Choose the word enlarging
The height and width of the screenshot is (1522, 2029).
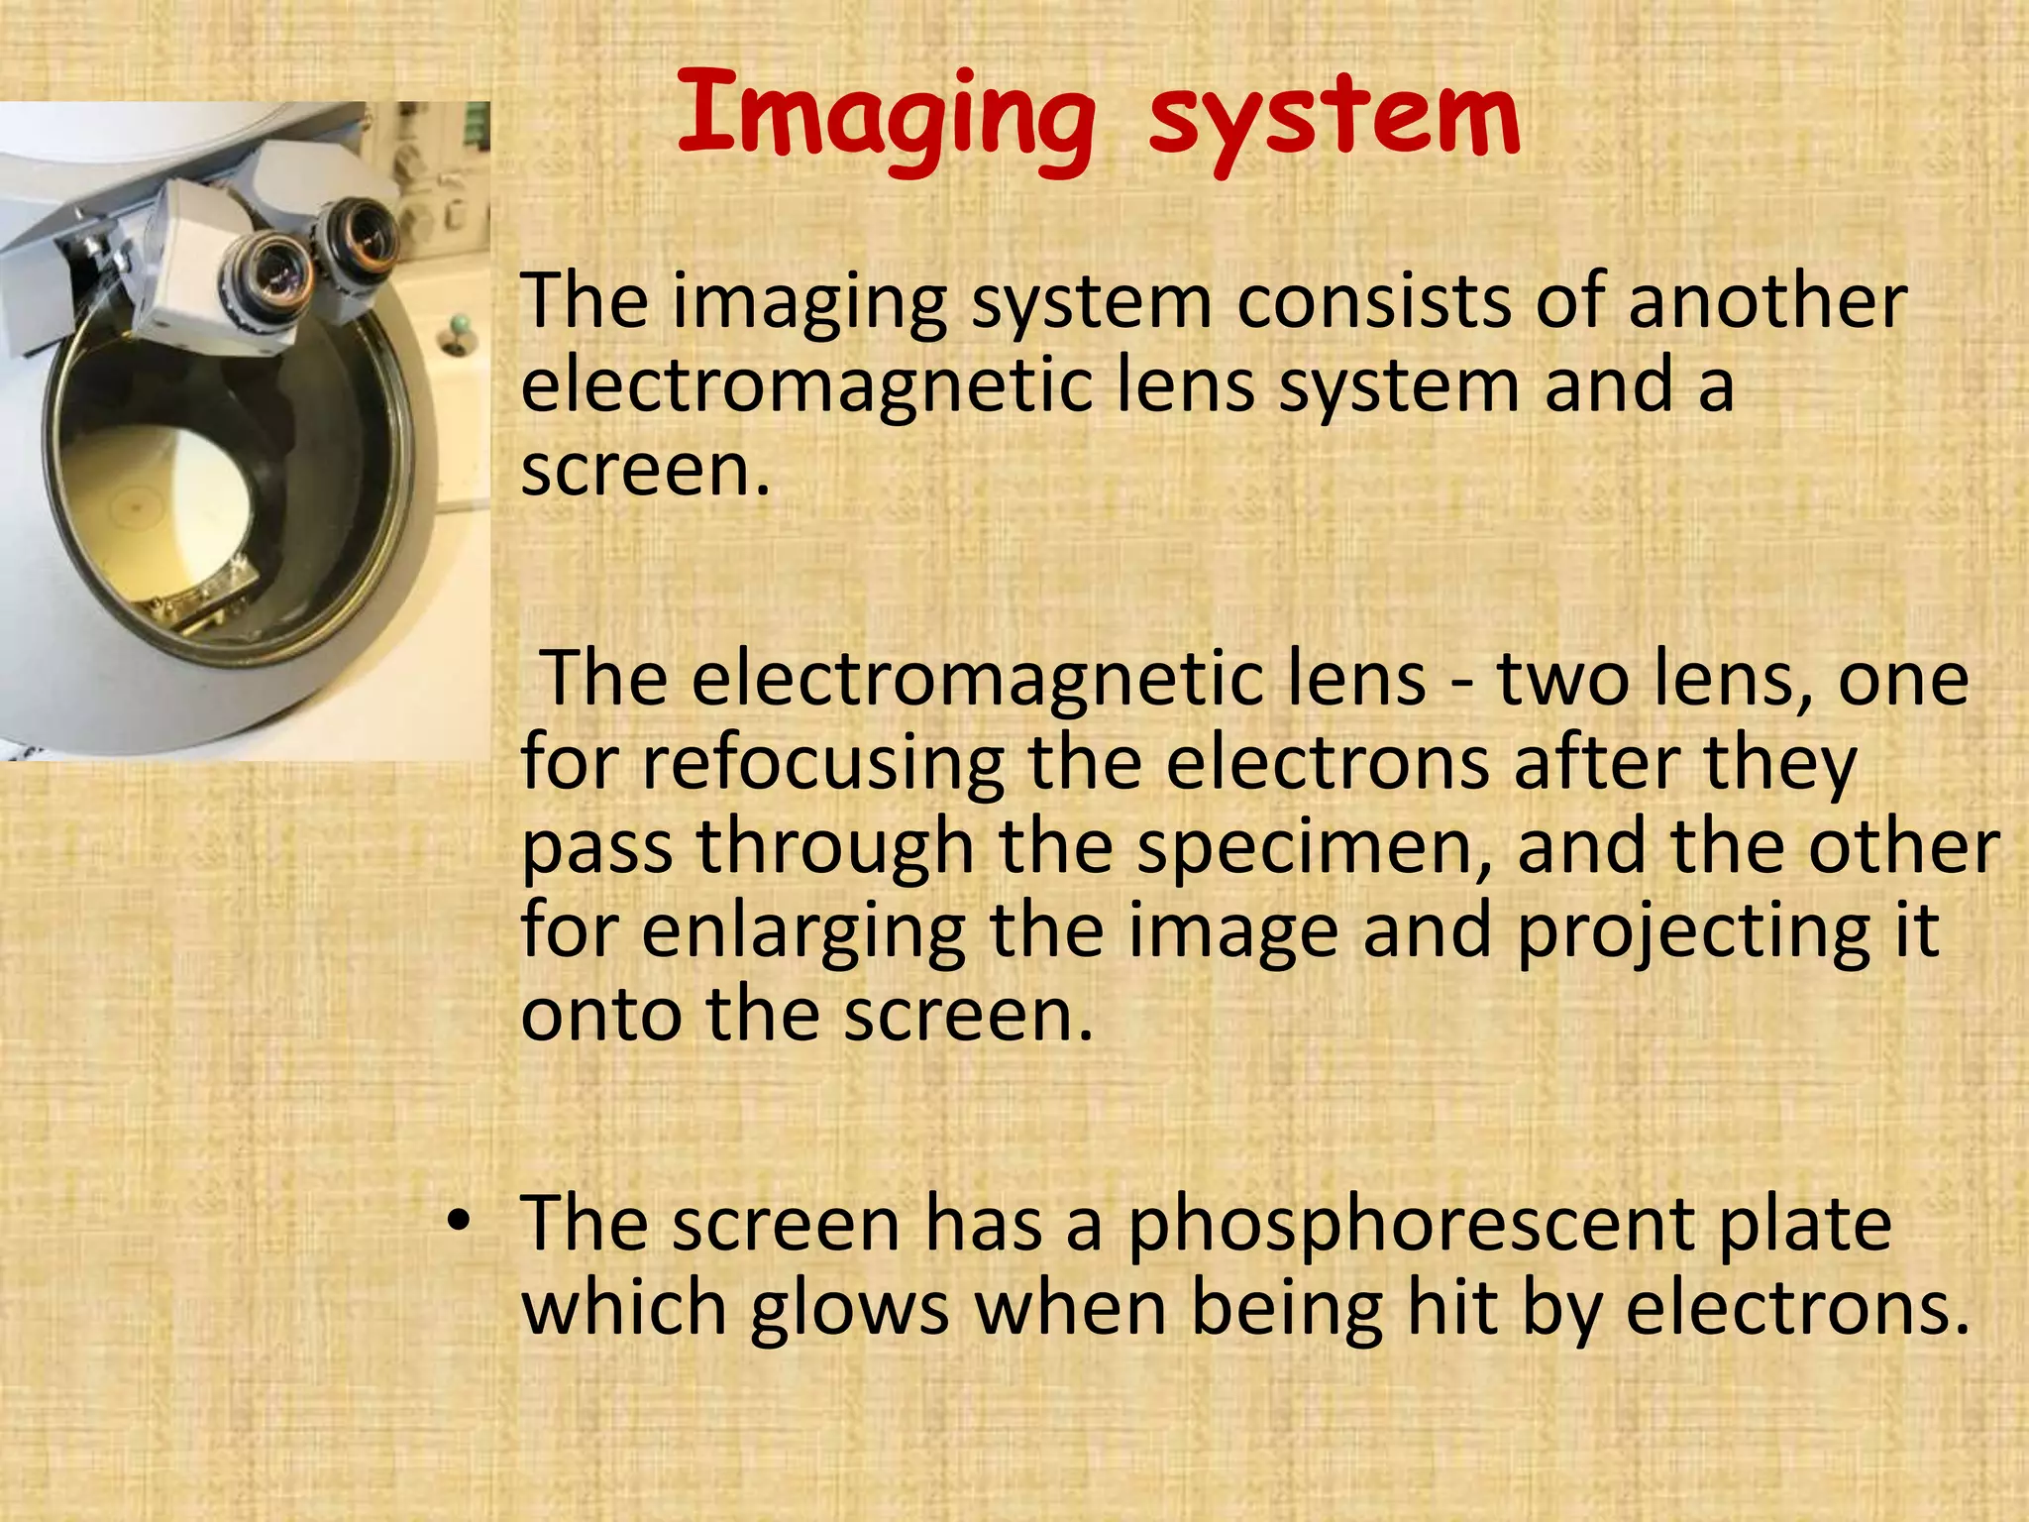pos(803,933)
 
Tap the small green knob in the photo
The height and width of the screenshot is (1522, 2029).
pos(459,324)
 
